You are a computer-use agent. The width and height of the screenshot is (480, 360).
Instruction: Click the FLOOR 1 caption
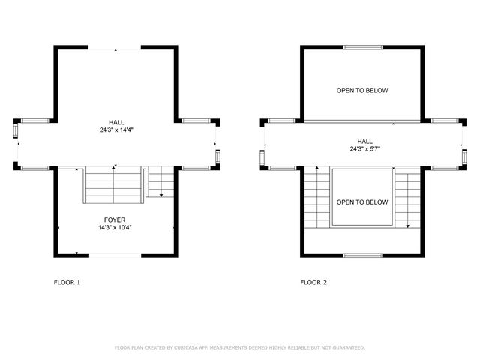pos(67,283)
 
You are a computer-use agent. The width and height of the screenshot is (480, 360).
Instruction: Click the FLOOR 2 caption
pos(313,283)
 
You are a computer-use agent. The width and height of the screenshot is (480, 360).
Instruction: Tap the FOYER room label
pos(115,220)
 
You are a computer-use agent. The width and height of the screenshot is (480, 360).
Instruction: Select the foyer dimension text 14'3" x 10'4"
pos(115,227)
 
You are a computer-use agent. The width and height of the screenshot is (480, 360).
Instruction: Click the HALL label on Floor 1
pos(115,122)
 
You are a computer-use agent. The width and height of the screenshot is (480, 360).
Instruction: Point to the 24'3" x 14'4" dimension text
pos(115,130)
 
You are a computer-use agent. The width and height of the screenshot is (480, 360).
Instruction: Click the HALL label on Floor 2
pos(364,141)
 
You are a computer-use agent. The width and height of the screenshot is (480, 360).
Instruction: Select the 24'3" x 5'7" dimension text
pos(364,148)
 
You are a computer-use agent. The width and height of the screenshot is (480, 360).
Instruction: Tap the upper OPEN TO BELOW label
pos(362,91)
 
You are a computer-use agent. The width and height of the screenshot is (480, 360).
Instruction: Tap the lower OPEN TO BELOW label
pos(362,202)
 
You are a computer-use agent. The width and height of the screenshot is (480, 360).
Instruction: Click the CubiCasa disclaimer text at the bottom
pos(239,347)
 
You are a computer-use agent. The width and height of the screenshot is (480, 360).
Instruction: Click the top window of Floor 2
pos(362,47)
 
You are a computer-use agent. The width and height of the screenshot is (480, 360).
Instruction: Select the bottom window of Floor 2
pos(362,256)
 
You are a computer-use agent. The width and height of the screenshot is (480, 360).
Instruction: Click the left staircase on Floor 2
pos(317,199)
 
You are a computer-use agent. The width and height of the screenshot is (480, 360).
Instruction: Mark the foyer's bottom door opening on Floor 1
pos(114,255)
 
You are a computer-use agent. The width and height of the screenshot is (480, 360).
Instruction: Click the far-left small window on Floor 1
pos(16,132)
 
